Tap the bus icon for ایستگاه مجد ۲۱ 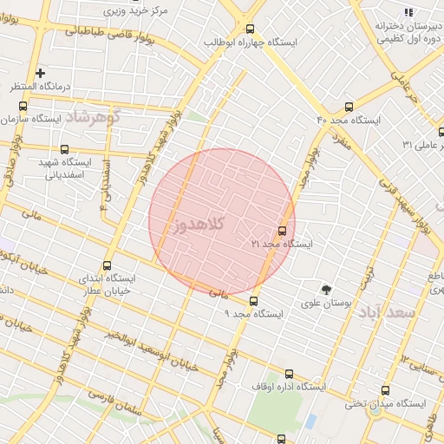point(282,232)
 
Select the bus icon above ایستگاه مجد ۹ point(253,301)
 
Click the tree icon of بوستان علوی point(326,290)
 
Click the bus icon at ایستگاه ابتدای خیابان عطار point(108,265)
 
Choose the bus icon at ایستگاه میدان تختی point(385,391)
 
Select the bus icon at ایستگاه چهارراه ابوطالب point(251,28)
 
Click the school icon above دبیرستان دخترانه point(408,11)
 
